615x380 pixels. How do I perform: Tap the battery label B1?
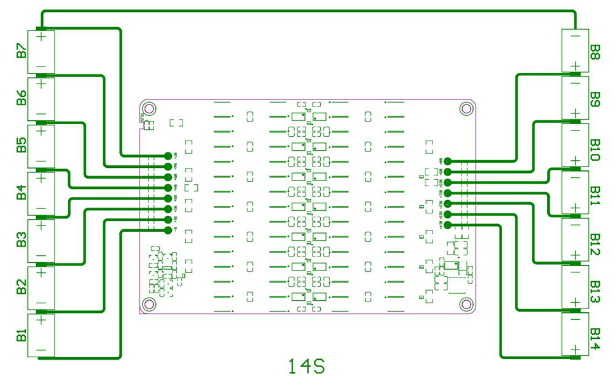point(21,336)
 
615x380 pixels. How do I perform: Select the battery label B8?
point(595,51)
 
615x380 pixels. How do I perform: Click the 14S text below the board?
point(306,367)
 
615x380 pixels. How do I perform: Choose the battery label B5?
point(21,146)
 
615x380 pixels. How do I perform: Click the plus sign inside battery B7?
point(41,37)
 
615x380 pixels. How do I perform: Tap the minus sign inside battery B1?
point(41,350)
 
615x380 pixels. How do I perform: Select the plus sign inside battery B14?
point(574,350)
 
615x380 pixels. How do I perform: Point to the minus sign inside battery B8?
point(574,37)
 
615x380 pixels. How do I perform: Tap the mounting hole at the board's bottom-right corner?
point(465,305)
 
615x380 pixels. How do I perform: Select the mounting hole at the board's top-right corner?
point(465,108)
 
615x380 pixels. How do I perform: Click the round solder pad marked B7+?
point(168,155)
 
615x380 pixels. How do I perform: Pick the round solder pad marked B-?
point(168,231)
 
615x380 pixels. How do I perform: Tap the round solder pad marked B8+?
point(448,161)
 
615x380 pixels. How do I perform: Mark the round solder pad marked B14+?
point(448,225)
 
